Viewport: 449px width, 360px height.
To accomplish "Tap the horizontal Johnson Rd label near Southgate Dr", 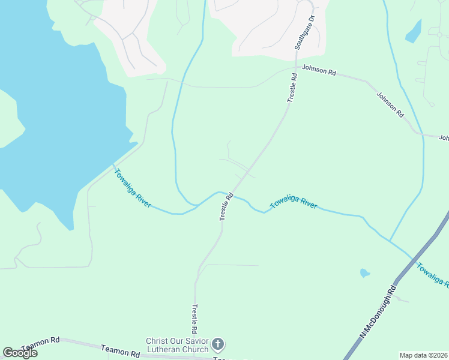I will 319,71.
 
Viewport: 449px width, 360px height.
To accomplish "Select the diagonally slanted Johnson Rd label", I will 390,104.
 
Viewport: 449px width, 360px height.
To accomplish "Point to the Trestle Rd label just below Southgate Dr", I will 292,88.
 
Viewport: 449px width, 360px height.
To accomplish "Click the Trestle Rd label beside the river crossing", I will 226,206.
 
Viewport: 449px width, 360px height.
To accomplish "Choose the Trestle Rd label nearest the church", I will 194,319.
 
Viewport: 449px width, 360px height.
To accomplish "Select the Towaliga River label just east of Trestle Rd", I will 294,202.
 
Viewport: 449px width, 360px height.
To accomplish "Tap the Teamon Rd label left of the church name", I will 120,351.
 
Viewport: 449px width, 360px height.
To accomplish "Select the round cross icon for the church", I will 218,345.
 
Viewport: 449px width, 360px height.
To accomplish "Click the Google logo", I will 20,353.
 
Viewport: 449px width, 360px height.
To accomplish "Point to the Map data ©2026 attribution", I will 424,355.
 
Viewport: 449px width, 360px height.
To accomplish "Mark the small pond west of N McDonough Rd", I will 364,273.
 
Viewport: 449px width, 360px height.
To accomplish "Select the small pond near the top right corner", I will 413,31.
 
